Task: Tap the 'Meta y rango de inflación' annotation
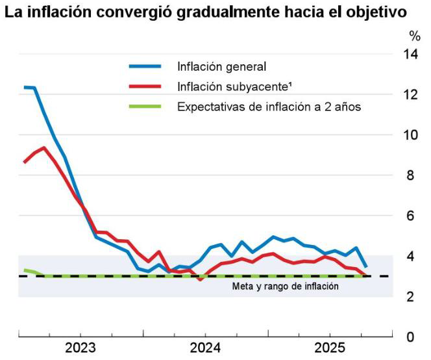coord(285,286)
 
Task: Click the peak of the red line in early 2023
coord(44,148)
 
